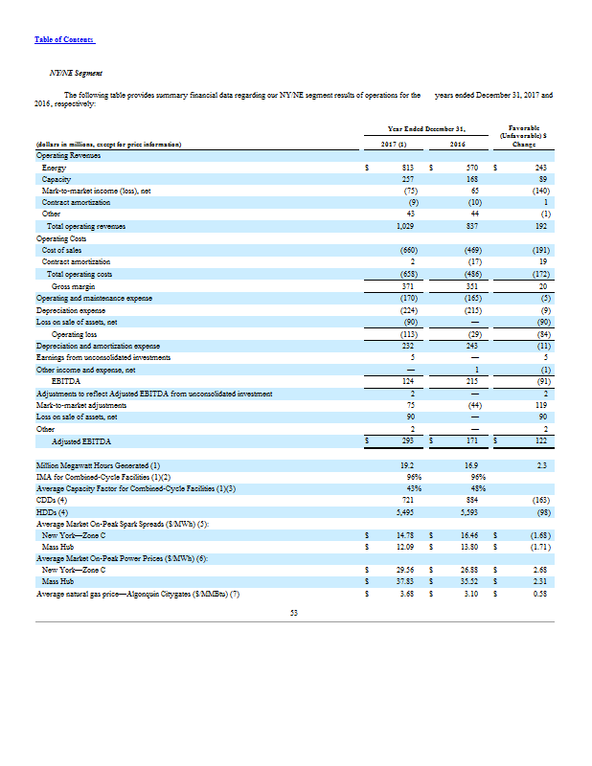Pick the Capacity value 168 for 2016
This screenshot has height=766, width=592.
point(471,179)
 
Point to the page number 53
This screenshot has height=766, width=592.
point(295,612)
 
